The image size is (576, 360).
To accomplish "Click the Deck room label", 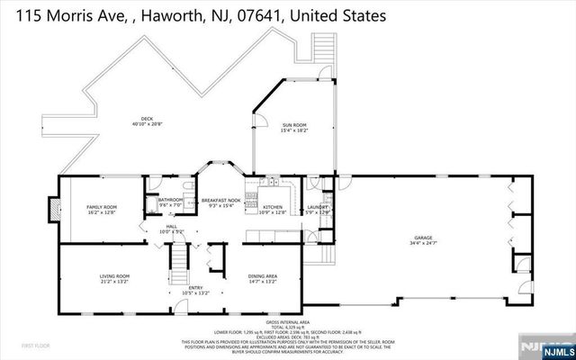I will coord(147,121).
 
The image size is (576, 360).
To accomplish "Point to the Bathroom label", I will coord(171,202).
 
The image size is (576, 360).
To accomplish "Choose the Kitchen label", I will coord(273,209).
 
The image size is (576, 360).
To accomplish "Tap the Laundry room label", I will coord(318,209).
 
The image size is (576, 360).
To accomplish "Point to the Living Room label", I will coord(114,277).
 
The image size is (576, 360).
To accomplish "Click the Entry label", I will coord(195,290).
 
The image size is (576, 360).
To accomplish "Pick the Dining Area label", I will coord(263,277).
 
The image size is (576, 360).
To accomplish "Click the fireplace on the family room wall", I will coord(53,209).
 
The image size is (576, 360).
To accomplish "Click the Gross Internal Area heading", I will coord(288,320).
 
